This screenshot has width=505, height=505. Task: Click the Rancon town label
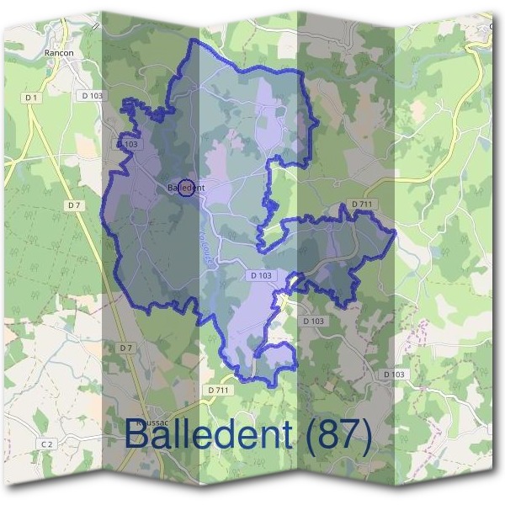coord(60,52)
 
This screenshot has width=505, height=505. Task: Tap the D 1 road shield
coord(32,98)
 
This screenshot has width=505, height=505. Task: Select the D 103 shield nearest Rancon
coord(93,96)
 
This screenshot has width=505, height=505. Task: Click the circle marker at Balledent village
coord(187,187)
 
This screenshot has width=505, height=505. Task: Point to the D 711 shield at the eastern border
coord(361,205)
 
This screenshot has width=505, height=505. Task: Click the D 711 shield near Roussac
coord(217,391)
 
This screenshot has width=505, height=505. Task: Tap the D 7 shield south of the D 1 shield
coord(75,205)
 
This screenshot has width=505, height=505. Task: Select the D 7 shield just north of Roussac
coord(126,348)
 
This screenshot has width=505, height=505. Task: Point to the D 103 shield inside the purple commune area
coord(261,275)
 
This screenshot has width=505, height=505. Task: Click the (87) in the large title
coord(338,434)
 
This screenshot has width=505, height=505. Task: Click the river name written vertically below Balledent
coord(205,250)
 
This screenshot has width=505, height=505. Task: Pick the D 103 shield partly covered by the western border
coord(128,145)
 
